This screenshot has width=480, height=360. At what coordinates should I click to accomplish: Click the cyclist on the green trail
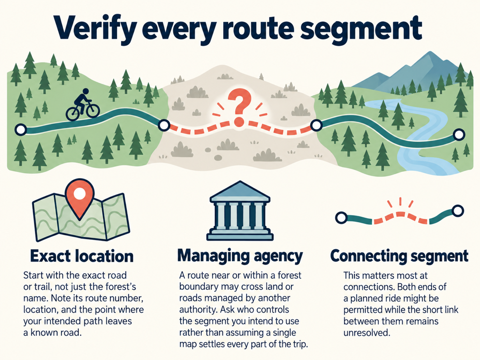[83, 105]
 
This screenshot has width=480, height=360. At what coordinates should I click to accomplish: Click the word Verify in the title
[95, 30]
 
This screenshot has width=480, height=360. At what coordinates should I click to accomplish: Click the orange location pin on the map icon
[80, 199]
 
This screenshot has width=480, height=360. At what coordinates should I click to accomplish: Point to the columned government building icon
[240, 211]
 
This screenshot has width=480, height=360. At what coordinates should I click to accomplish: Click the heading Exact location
[82, 256]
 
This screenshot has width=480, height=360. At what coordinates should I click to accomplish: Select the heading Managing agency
[240, 256]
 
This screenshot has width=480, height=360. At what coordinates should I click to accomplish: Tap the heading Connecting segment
[399, 256]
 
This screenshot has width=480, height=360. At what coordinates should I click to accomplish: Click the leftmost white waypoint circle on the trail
[21, 130]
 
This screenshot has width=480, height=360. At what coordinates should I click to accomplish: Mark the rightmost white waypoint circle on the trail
[458, 135]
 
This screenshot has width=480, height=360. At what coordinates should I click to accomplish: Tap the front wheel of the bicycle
[93, 110]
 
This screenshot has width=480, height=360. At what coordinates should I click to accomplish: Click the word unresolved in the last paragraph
[367, 333]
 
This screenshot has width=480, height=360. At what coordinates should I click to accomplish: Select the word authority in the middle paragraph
[199, 310]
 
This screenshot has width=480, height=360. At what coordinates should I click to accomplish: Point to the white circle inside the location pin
[80, 193]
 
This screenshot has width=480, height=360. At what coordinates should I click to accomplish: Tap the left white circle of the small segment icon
[341, 217]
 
